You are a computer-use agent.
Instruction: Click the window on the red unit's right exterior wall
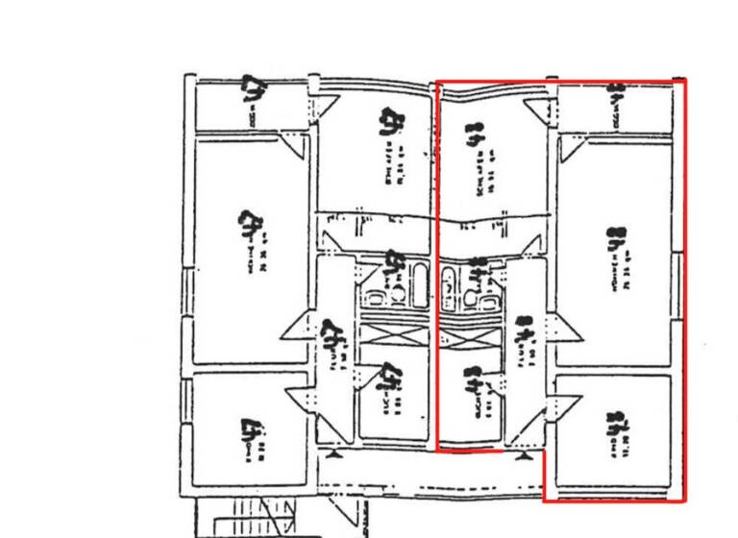[680, 283]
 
